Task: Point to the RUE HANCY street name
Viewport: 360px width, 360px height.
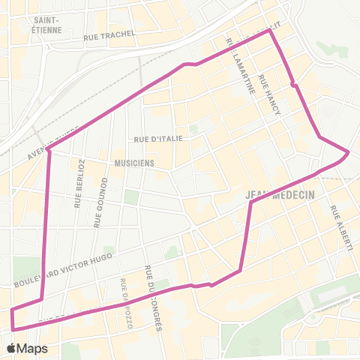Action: click(268, 94)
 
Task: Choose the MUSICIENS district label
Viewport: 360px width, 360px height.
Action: click(134, 162)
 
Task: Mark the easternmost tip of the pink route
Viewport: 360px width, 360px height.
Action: click(349, 152)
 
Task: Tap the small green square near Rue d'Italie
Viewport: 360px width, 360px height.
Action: click(193, 128)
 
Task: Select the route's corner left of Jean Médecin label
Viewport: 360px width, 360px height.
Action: click(250, 201)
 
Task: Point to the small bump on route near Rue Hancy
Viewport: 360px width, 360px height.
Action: click(294, 84)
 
